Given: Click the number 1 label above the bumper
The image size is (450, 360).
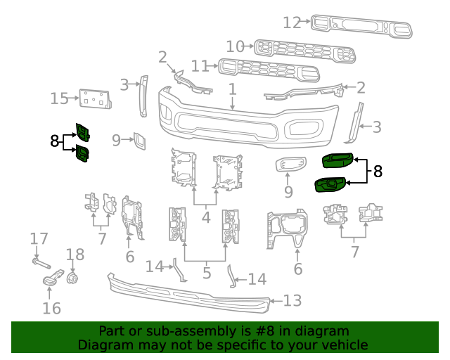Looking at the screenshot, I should click(233, 89).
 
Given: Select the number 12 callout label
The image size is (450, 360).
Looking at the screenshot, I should click(292, 22).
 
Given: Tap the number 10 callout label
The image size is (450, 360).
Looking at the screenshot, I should click(236, 46).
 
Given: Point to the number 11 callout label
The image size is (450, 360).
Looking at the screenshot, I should click(200, 66).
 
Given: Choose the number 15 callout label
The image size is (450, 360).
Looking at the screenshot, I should click(59, 98).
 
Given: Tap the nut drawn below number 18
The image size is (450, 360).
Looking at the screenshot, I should click(71, 278).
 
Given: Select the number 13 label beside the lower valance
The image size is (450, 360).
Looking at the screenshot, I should click(292, 301).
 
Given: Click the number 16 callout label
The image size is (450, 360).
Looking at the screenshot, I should click(51, 307).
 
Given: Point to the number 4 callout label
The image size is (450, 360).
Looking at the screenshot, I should click(205, 217).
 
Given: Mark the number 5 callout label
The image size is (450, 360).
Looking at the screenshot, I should click(205, 271).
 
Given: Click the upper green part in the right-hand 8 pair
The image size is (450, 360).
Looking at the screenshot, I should click(339, 161).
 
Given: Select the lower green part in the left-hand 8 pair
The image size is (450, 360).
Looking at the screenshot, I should click(82, 153).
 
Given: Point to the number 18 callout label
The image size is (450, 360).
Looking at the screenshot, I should click(75, 254).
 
